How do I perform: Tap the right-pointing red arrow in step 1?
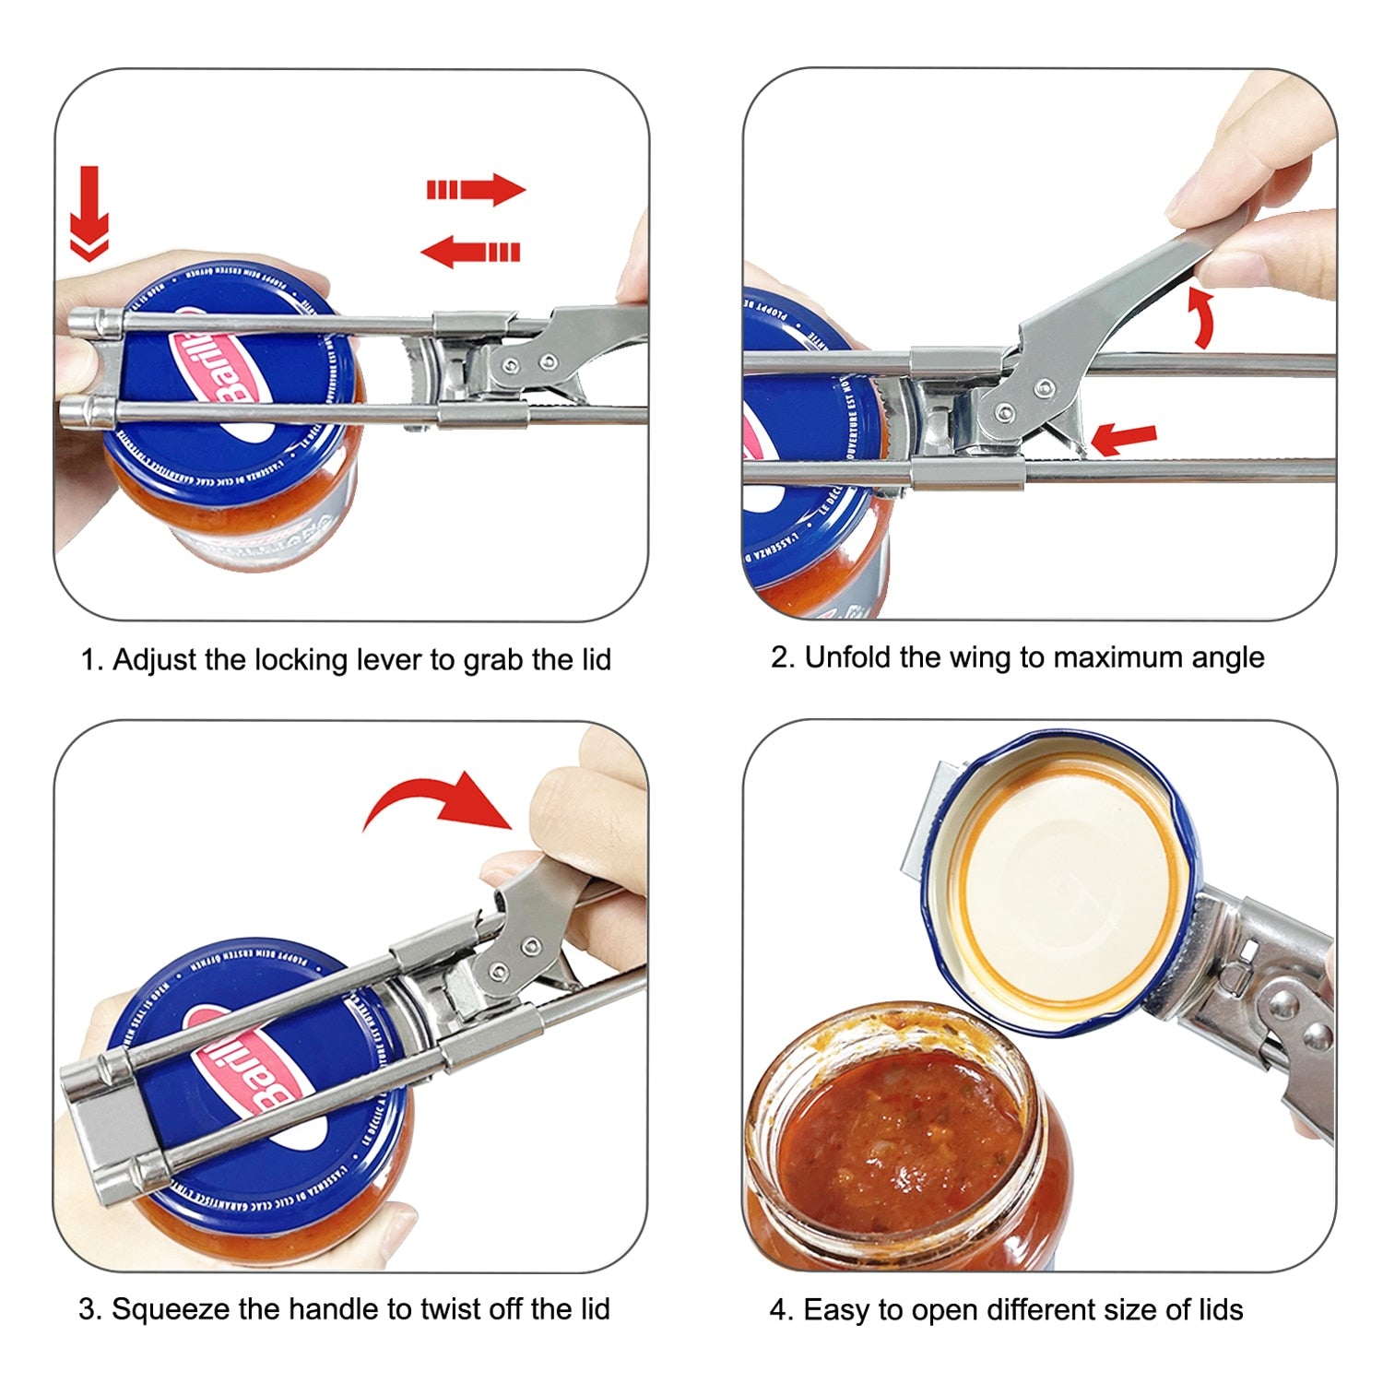coord(476,190)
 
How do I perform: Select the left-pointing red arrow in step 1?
coord(470,251)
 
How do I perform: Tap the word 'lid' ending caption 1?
coord(593,660)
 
